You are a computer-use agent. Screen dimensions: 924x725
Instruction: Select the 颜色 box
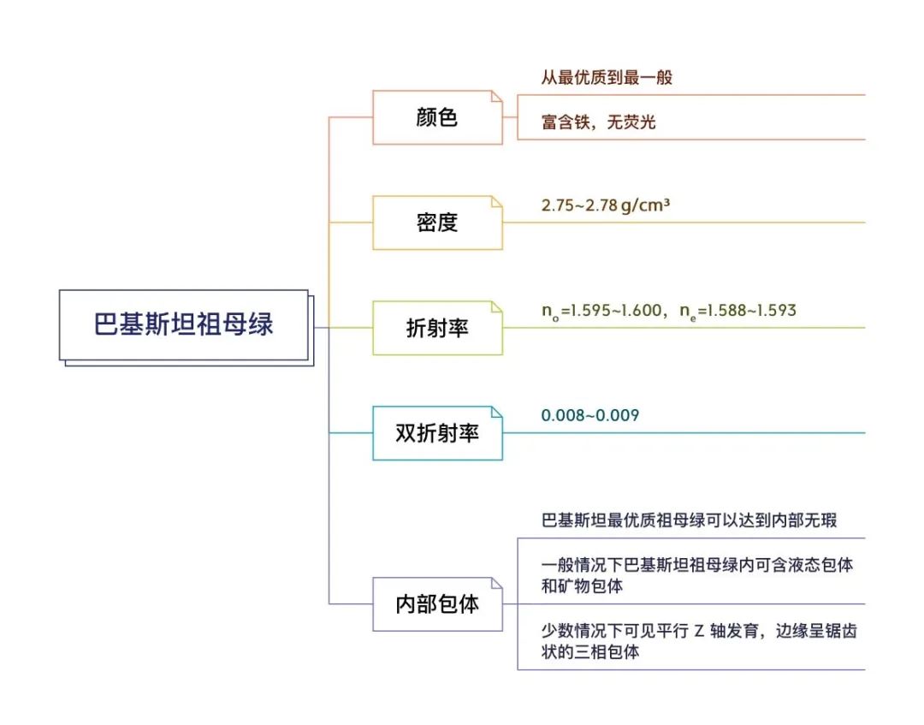click(x=437, y=117)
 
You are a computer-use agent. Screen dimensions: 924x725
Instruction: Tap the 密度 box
click(x=437, y=223)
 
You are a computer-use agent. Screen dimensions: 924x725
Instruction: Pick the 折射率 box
click(x=437, y=328)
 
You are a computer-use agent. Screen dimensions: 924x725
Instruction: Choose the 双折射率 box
click(x=437, y=433)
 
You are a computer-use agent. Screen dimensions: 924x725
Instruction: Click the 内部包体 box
click(x=437, y=604)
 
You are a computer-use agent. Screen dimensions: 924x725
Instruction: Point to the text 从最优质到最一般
click(x=607, y=77)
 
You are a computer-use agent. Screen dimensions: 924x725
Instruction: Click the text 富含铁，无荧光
click(x=598, y=122)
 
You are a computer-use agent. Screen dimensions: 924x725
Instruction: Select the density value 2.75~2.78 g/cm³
click(x=605, y=205)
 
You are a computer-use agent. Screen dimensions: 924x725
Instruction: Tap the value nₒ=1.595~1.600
click(x=601, y=311)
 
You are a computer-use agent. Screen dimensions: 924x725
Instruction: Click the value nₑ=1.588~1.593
click(x=737, y=311)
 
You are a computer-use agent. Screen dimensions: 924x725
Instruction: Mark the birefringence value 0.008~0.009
click(x=589, y=415)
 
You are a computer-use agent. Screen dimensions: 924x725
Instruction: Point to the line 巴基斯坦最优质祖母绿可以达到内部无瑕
click(x=689, y=520)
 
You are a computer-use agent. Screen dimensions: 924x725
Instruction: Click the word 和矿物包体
click(x=582, y=585)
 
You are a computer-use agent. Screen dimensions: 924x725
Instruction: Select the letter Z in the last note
click(x=699, y=632)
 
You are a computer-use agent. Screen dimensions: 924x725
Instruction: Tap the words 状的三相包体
click(x=589, y=652)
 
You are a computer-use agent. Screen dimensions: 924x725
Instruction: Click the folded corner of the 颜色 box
click(x=497, y=96)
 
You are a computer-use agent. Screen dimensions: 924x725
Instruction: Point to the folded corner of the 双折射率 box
click(x=497, y=412)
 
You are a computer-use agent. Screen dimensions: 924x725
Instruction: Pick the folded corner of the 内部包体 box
click(x=497, y=583)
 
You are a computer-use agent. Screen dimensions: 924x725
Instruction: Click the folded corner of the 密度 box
click(x=497, y=202)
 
